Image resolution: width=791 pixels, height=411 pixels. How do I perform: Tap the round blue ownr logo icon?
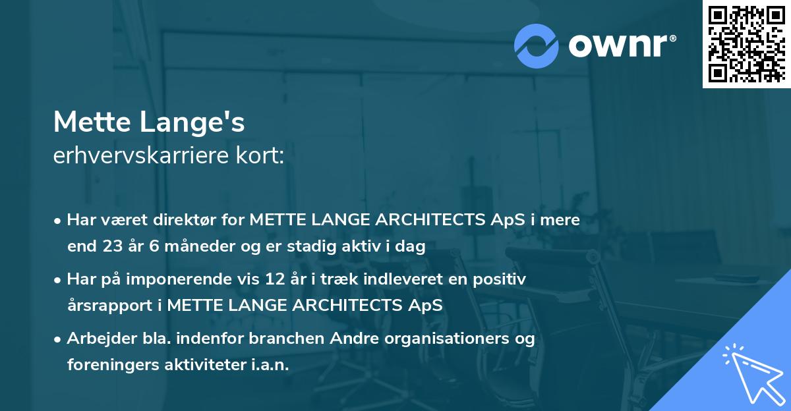(537, 45)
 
